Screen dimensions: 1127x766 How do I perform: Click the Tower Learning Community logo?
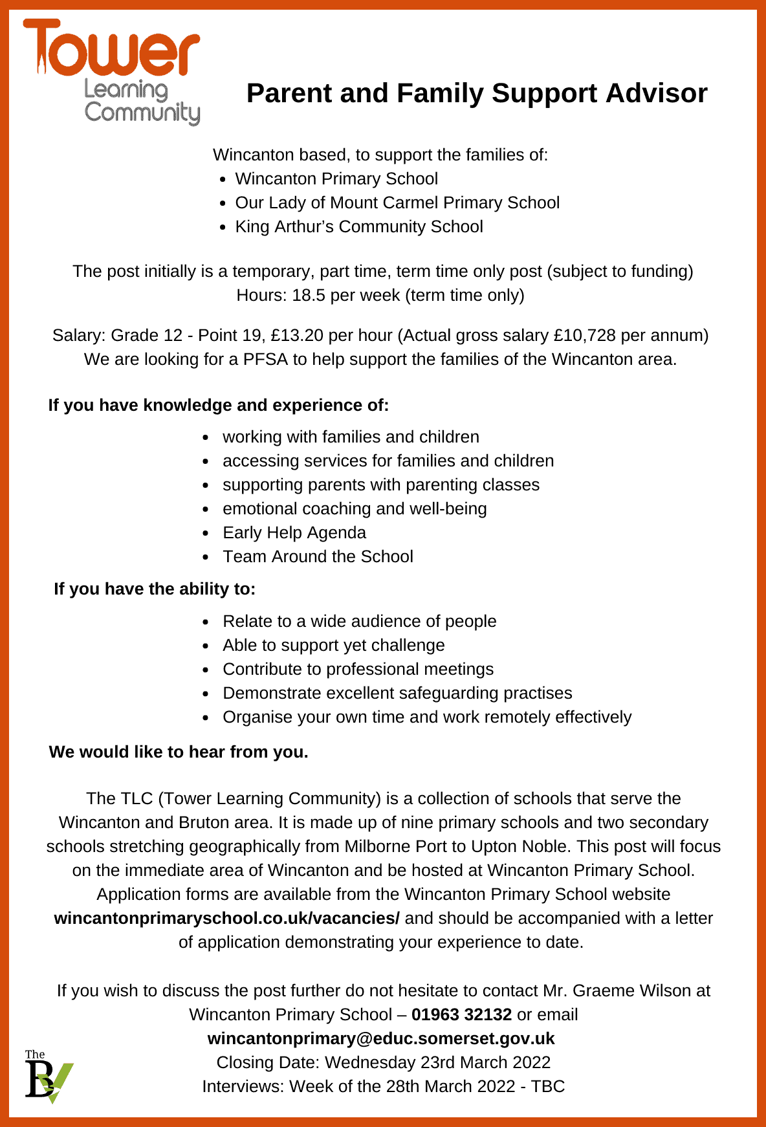pos(111,71)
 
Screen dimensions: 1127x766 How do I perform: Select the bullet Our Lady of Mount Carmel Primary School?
pos(397,202)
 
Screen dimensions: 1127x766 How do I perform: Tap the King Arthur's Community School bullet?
pos(359,226)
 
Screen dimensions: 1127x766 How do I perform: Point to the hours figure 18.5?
pos(309,295)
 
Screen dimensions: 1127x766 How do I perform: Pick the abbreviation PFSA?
pos(265,359)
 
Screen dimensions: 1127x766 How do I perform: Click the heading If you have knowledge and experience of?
pos(219,405)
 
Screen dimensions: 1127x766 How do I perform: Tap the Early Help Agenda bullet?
pos(294,532)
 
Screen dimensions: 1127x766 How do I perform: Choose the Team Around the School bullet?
pos(318,556)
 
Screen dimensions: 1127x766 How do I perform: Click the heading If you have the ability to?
pos(155,589)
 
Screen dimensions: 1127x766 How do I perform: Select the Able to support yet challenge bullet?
pos(334,645)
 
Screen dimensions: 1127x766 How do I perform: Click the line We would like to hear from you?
pos(179,752)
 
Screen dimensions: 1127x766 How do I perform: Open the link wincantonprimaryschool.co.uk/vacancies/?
pos(227,918)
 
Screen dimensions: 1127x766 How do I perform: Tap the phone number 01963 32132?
pos(461,1014)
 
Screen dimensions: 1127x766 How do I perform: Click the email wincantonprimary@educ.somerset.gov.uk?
pos(381,1038)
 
